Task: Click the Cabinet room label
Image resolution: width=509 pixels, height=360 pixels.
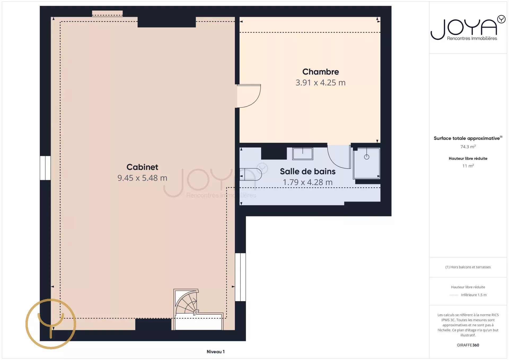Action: pos(142,167)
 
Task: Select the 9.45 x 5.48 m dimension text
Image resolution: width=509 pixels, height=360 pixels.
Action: pos(142,178)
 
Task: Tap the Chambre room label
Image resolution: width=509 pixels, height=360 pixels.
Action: pos(321,72)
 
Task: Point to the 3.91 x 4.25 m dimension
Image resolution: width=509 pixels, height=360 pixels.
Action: pos(321,83)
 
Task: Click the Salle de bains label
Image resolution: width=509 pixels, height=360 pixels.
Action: pos(308,172)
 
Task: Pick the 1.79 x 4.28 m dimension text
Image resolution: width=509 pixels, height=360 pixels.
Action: pos(308,182)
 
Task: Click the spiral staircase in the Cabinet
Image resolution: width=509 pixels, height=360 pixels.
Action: pos(186,302)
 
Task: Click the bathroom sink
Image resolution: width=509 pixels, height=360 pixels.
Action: pos(302,154)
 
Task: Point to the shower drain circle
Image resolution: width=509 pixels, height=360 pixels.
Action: pos(367,157)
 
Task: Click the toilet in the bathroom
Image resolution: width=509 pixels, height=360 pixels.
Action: pos(251,174)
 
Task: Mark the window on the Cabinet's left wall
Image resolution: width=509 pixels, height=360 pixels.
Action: pos(45,168)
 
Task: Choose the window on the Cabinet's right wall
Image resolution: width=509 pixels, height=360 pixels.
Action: pos(240,277)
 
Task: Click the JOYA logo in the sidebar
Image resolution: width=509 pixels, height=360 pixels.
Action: pos(468,28)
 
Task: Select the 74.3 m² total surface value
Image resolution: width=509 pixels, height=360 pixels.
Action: pos(468,147)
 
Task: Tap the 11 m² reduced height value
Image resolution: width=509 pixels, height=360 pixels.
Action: pos(468,166)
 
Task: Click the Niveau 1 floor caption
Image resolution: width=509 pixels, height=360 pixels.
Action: pos(216,352)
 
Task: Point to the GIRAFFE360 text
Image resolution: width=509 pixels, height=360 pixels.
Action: pos(468,345)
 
